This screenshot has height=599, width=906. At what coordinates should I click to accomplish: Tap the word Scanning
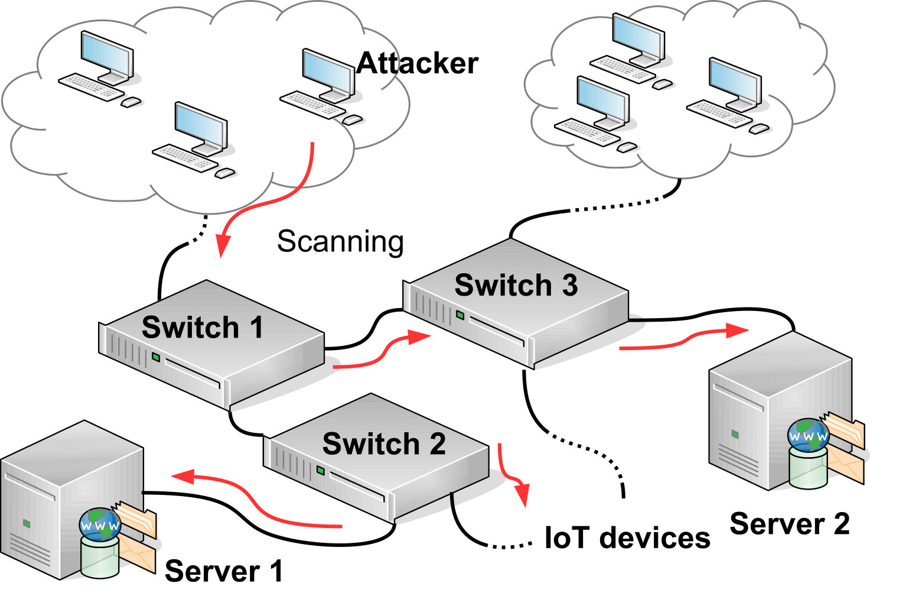[340, 242]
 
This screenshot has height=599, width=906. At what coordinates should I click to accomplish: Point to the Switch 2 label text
[384, 443]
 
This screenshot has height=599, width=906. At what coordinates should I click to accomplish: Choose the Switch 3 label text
[516, 285]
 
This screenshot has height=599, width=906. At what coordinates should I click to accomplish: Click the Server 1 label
[224, 571]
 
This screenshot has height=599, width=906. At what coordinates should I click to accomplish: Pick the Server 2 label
[790, 524]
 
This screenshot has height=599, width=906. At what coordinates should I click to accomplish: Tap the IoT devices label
[627, 538]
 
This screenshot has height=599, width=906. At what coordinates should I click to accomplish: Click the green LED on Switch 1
[156, 357]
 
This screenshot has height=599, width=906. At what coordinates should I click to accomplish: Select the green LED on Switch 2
[320, 470]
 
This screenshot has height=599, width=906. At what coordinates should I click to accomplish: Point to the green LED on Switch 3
[460, 315]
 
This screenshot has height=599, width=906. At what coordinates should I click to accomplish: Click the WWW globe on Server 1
[100, 524]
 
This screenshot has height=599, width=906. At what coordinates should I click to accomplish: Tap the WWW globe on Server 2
[808, 435]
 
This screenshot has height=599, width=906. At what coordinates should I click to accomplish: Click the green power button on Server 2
[735, 435]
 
